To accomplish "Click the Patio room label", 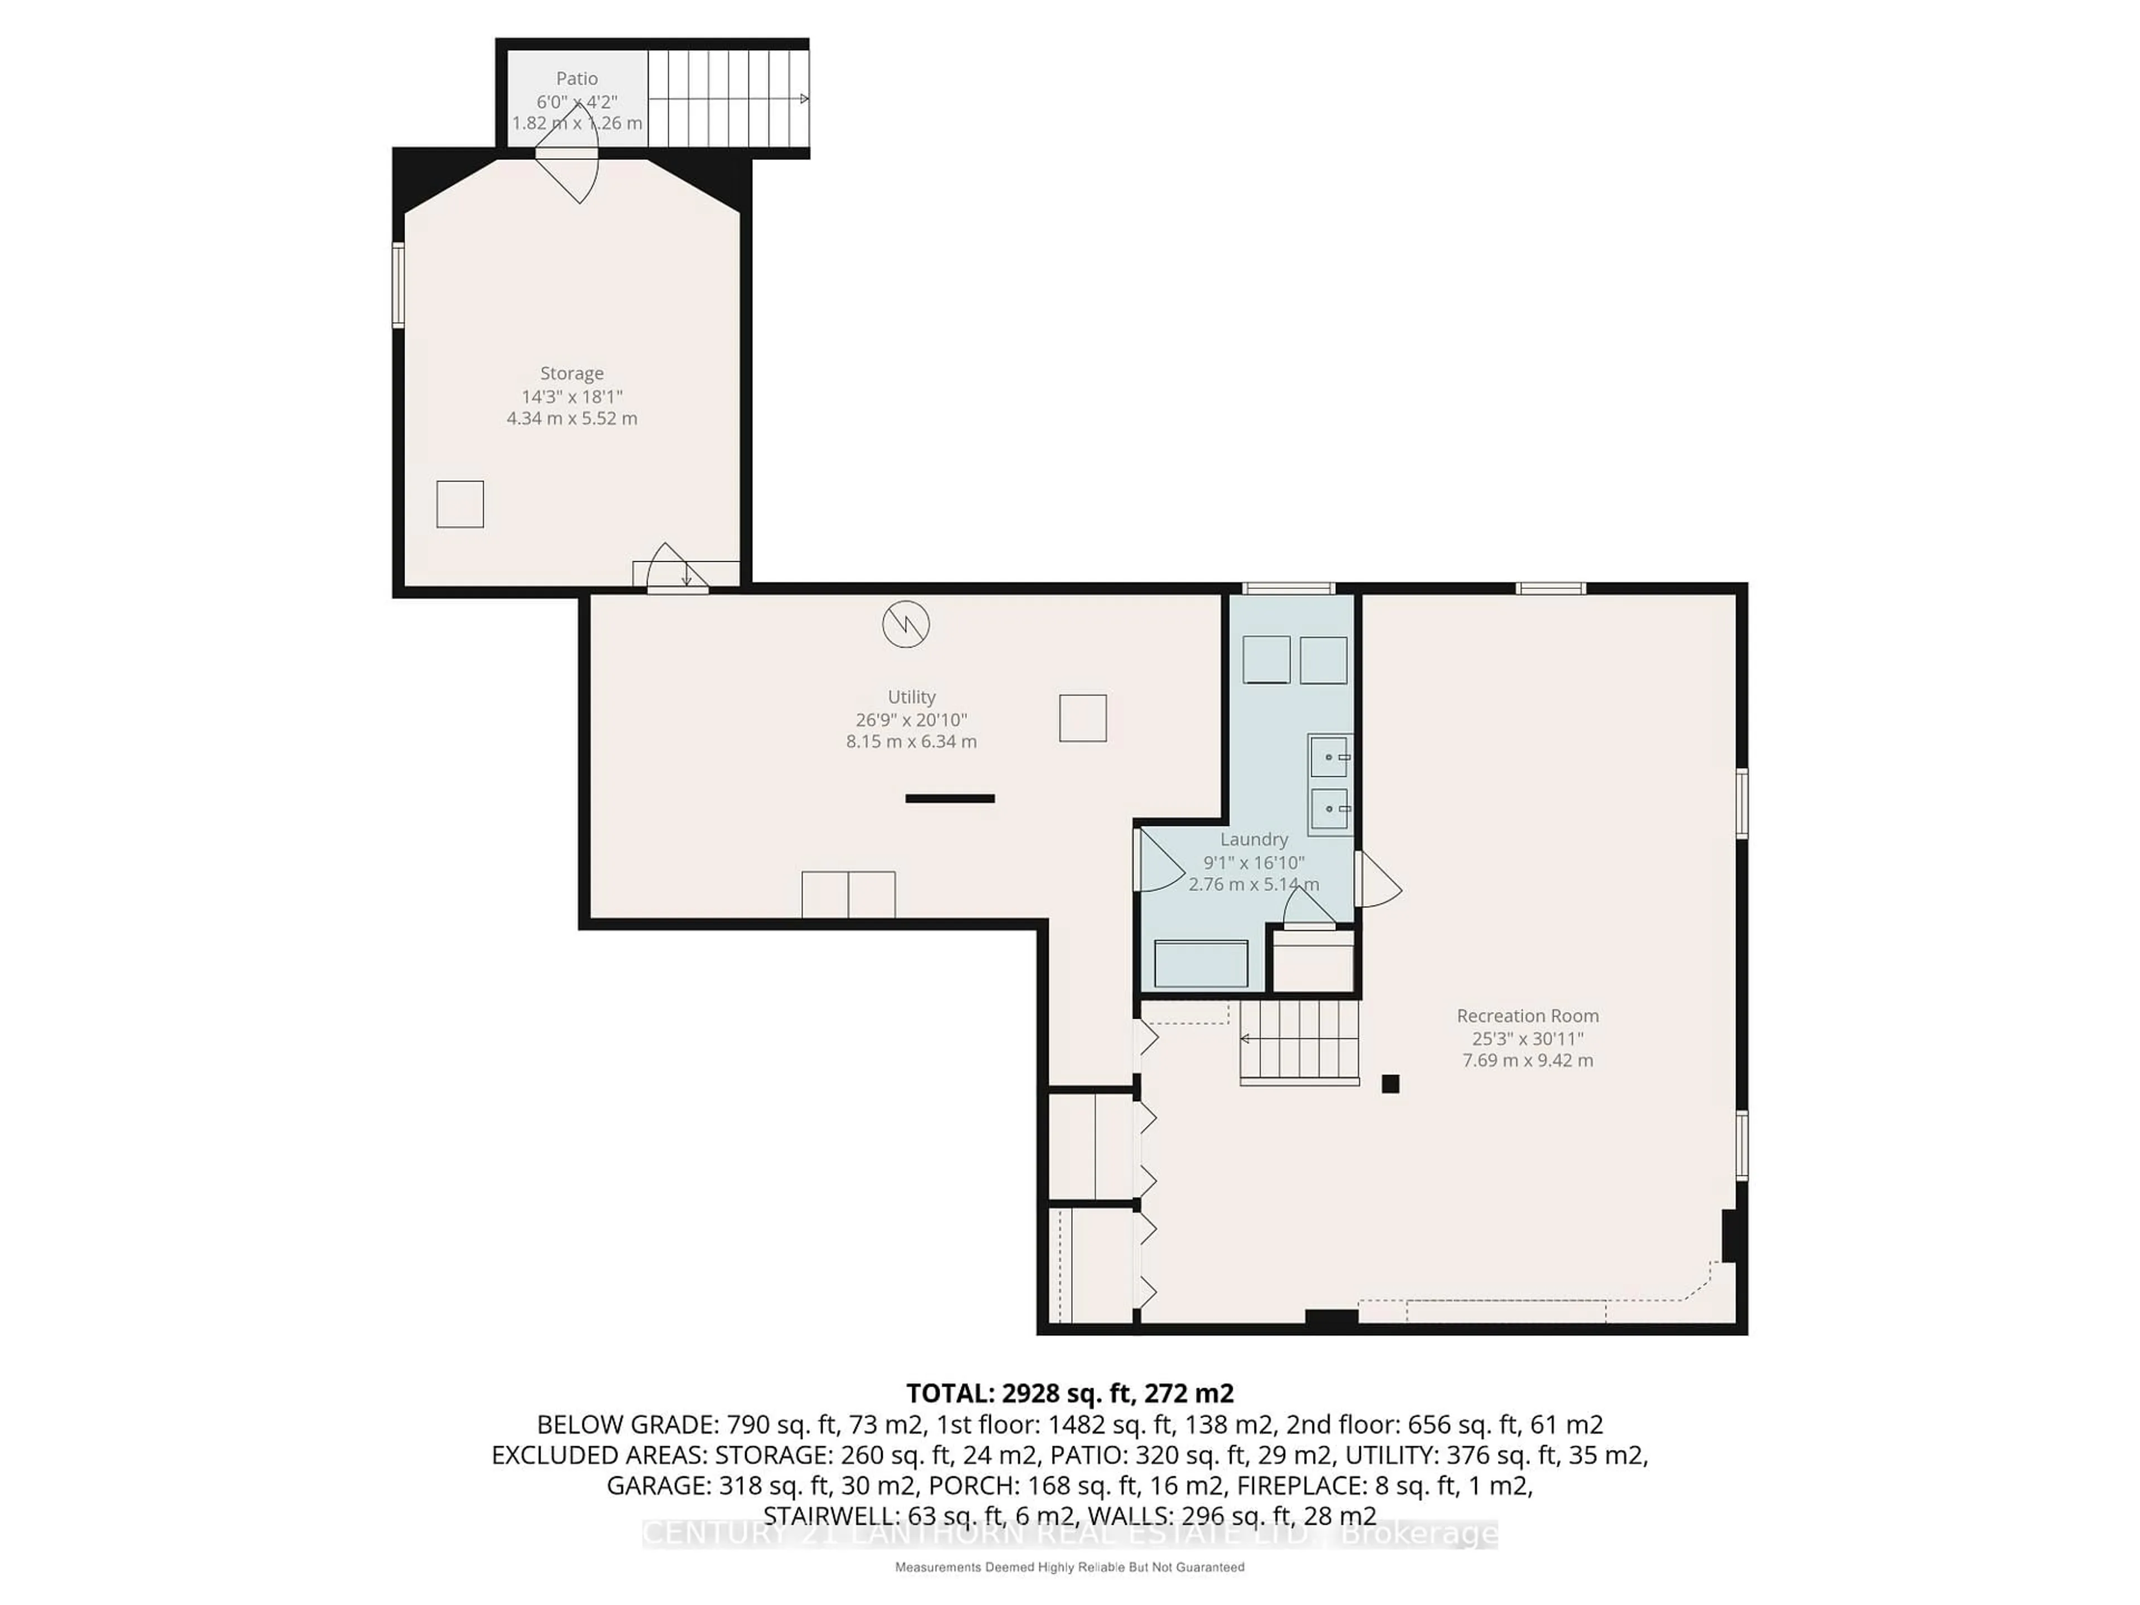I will click(x=577, y=79).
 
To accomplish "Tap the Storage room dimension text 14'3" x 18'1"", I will click(x=572, y=397).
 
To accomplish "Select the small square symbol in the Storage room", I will click(x=460, y=504).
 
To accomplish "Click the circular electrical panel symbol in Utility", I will click(x=906, y=624).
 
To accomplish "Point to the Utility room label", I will click(x=911, y=697).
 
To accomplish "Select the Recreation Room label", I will click(x=1528, y=1016).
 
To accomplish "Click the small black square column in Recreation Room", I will click(x=1390, y=1083).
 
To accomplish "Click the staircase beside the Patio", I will click(x=727, y=99).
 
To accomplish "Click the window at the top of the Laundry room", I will click(x=1288, y=588).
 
